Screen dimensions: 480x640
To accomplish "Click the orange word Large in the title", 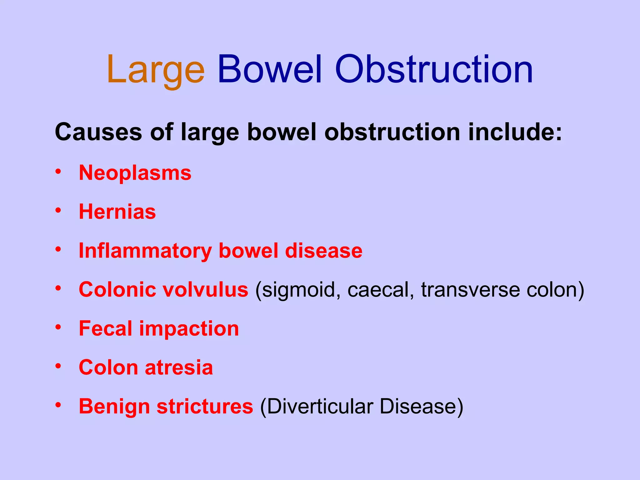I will coord(155,70).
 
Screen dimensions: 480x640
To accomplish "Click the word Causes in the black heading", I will coord(98,132).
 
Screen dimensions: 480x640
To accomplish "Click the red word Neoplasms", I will coord(135,173).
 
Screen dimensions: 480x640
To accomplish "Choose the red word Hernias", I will coord(117,212).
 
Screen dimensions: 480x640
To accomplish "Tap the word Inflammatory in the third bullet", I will coord(145,251).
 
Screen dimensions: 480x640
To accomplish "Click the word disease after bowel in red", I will coord(323,251).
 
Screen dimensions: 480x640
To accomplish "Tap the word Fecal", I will coord(106,329).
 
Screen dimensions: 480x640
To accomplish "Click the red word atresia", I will coord(179,367).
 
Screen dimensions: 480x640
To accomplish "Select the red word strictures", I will coord(205,407).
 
